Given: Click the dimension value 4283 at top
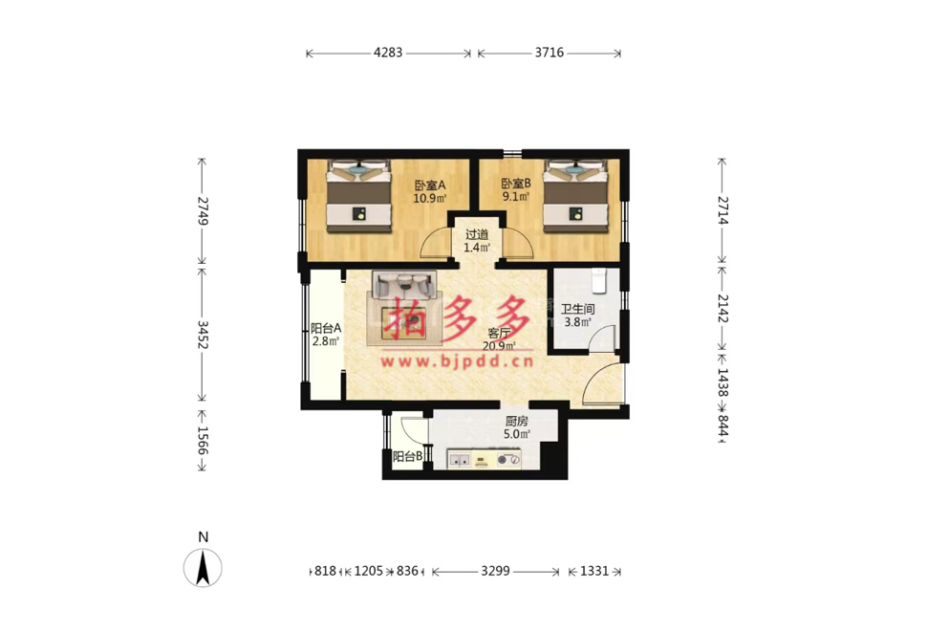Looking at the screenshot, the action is click(388, 53).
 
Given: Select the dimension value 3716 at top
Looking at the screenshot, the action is click(550, 53).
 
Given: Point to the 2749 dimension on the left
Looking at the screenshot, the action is click(203, 210).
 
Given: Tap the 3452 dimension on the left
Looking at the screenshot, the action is click(203, 335).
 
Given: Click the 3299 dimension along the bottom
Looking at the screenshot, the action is click(495, 571).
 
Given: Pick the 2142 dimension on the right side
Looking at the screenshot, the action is click(722, 308).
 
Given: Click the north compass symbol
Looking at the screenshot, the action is click(203, 567).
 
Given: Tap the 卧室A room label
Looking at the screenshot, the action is click(430, 185).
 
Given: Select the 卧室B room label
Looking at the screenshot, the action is click(516, 184).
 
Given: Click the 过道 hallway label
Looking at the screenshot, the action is click(477, 234).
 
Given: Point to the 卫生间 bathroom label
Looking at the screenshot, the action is click(577, 309).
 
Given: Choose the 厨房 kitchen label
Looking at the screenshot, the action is click(517, 421).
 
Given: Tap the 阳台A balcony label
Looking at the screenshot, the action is click(326, 328).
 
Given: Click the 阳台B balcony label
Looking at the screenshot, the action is click(408, 456).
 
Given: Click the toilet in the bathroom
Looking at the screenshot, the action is click(600, 281).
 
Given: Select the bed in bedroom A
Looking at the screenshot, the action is click(359, 196).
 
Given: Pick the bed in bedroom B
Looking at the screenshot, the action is click(575, 196).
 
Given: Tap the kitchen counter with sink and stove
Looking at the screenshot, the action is click(485, 459).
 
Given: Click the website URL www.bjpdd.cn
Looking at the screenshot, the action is click(457, 360).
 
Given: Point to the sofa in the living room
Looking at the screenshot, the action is click(404, 285).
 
